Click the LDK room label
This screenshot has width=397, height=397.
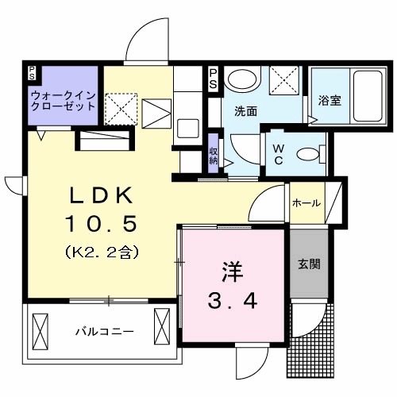point(98,196)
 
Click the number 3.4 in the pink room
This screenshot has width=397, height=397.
point(230,303)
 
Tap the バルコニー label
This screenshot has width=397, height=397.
point(104,330)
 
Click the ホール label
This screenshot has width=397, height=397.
point(306,203)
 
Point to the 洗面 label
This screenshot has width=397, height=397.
point(245,112)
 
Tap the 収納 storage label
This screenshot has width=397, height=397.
point(214,153)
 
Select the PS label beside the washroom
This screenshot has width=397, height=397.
point(214,77)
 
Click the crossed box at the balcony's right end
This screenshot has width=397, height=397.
point(163,324)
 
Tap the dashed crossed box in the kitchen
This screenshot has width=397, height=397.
point(121,108)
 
